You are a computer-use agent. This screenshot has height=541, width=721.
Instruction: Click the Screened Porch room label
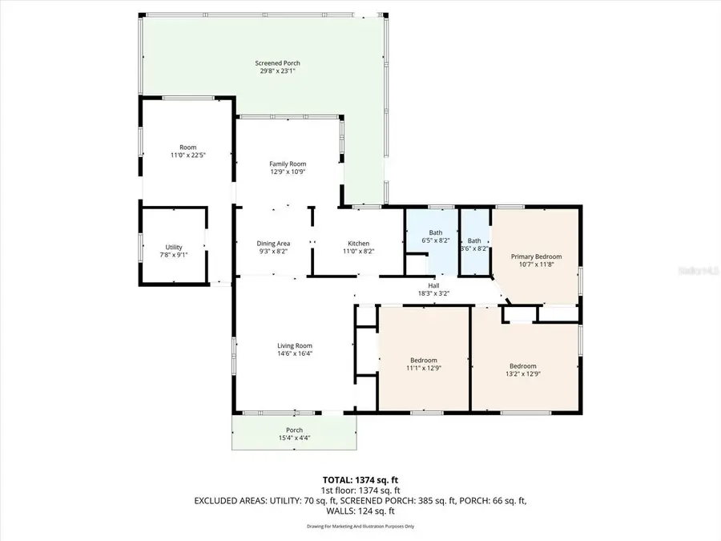(x=277, y=63)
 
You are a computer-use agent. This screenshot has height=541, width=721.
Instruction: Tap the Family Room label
(x=287, y=164)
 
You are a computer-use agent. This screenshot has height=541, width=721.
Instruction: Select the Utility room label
(x=174, y=247)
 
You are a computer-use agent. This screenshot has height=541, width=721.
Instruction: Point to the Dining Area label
(x=273, y=244)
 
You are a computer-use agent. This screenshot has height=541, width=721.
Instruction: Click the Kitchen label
(x=358, y=244)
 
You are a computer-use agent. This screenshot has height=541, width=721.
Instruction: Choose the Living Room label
(x=272, y=345)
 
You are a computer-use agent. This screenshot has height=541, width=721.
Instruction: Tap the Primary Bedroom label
(x=536, y=256)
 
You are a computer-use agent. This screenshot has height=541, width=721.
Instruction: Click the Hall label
(x=433, y=285)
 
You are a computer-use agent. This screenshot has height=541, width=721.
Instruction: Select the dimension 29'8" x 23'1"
(x=277, y=71)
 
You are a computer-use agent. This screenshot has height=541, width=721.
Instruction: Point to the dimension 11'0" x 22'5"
(x=188, y=155)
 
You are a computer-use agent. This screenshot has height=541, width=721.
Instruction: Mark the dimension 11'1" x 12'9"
(x=424, y=368)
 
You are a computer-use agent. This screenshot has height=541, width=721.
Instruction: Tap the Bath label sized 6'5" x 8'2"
(x=436, y=233)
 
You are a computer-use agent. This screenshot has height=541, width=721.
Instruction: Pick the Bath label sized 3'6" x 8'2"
(x=474, y=240)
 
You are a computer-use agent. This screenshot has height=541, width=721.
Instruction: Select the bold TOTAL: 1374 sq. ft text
(x=360, y=478)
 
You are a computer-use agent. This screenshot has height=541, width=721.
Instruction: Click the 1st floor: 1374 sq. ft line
(x=360, y=489)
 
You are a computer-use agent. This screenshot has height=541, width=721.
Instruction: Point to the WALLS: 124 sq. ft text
(x=360, y=511)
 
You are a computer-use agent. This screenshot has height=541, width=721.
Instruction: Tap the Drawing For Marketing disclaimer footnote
(x=360, y=527)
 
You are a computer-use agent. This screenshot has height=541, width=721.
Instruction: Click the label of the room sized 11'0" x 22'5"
(x=188, y=147)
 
